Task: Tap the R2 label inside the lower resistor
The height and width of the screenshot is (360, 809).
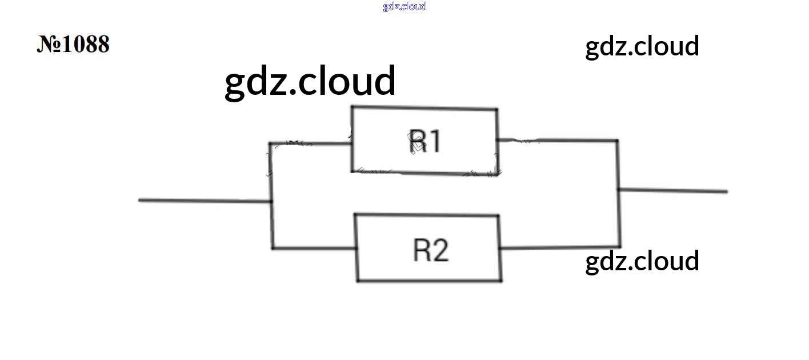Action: pos(431,250)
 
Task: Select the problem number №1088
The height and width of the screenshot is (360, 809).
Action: pos(73,44)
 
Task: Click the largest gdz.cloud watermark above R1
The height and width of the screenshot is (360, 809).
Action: pos(310,81)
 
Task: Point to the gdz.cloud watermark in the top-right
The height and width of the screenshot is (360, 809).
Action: pos(642,46)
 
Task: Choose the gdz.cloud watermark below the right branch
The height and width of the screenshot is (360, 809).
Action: pos(642,261)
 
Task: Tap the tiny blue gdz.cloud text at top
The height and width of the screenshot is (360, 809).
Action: pos(404,6)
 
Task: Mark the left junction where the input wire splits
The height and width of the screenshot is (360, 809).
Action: pos(271,201)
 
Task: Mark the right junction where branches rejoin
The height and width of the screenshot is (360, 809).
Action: pos(618,190)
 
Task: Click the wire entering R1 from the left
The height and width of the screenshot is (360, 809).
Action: pos(311,143)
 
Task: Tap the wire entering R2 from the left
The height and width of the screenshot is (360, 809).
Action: pos(314,248)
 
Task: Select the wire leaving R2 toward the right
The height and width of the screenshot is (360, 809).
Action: pos(560,247)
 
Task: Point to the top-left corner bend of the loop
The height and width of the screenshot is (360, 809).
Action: pos(271,143)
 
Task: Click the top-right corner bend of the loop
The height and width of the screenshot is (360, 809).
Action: pos(617,140)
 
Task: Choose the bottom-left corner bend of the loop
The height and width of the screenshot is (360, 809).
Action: pos(273,248)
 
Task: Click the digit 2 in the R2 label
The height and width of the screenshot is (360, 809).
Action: pos(440,250)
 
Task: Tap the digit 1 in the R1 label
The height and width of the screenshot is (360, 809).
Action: pos(435,142)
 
